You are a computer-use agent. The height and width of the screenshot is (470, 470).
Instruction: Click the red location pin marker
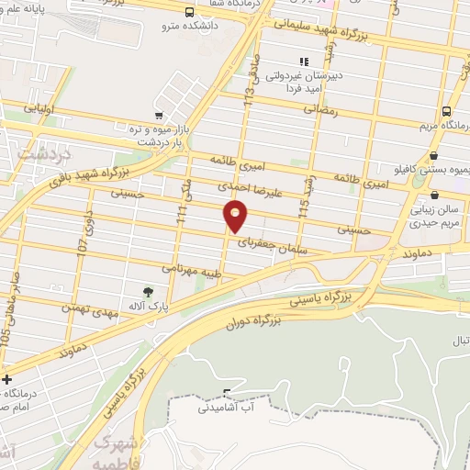click(x=236, y=217)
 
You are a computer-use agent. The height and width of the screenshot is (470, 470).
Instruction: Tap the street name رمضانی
click(x=321, y=109)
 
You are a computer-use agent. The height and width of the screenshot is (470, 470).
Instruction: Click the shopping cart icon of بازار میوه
click(x=160, y=117)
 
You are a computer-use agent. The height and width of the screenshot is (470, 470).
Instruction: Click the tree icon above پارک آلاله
click(x=148, y=292)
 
